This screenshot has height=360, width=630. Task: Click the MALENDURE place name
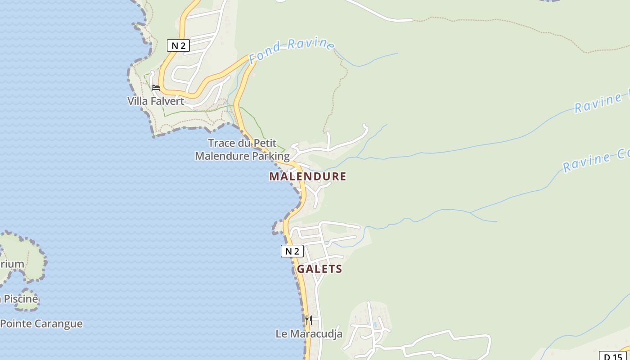[x=308, y=176]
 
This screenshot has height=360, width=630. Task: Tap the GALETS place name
[x=319, y=269]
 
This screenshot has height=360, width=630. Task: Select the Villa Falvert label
[x=156, y=101]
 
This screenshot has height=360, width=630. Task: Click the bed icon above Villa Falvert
[x=156, y=87]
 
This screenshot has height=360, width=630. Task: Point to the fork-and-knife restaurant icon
[x=309, y=320]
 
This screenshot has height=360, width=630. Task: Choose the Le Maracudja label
[x=309, y=334]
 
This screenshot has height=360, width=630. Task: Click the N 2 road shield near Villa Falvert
[x=178, y=45]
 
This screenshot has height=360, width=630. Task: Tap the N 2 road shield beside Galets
[x=292, y=251]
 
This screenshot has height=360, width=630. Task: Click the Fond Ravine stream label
[x=292, y=50]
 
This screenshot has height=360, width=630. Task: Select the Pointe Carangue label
[x=41, y=324]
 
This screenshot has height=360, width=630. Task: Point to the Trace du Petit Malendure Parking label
[x=242, y=149]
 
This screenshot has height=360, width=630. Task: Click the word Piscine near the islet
[x=21, y=299]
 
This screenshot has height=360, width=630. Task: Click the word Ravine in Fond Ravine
[x=311, y=45]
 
